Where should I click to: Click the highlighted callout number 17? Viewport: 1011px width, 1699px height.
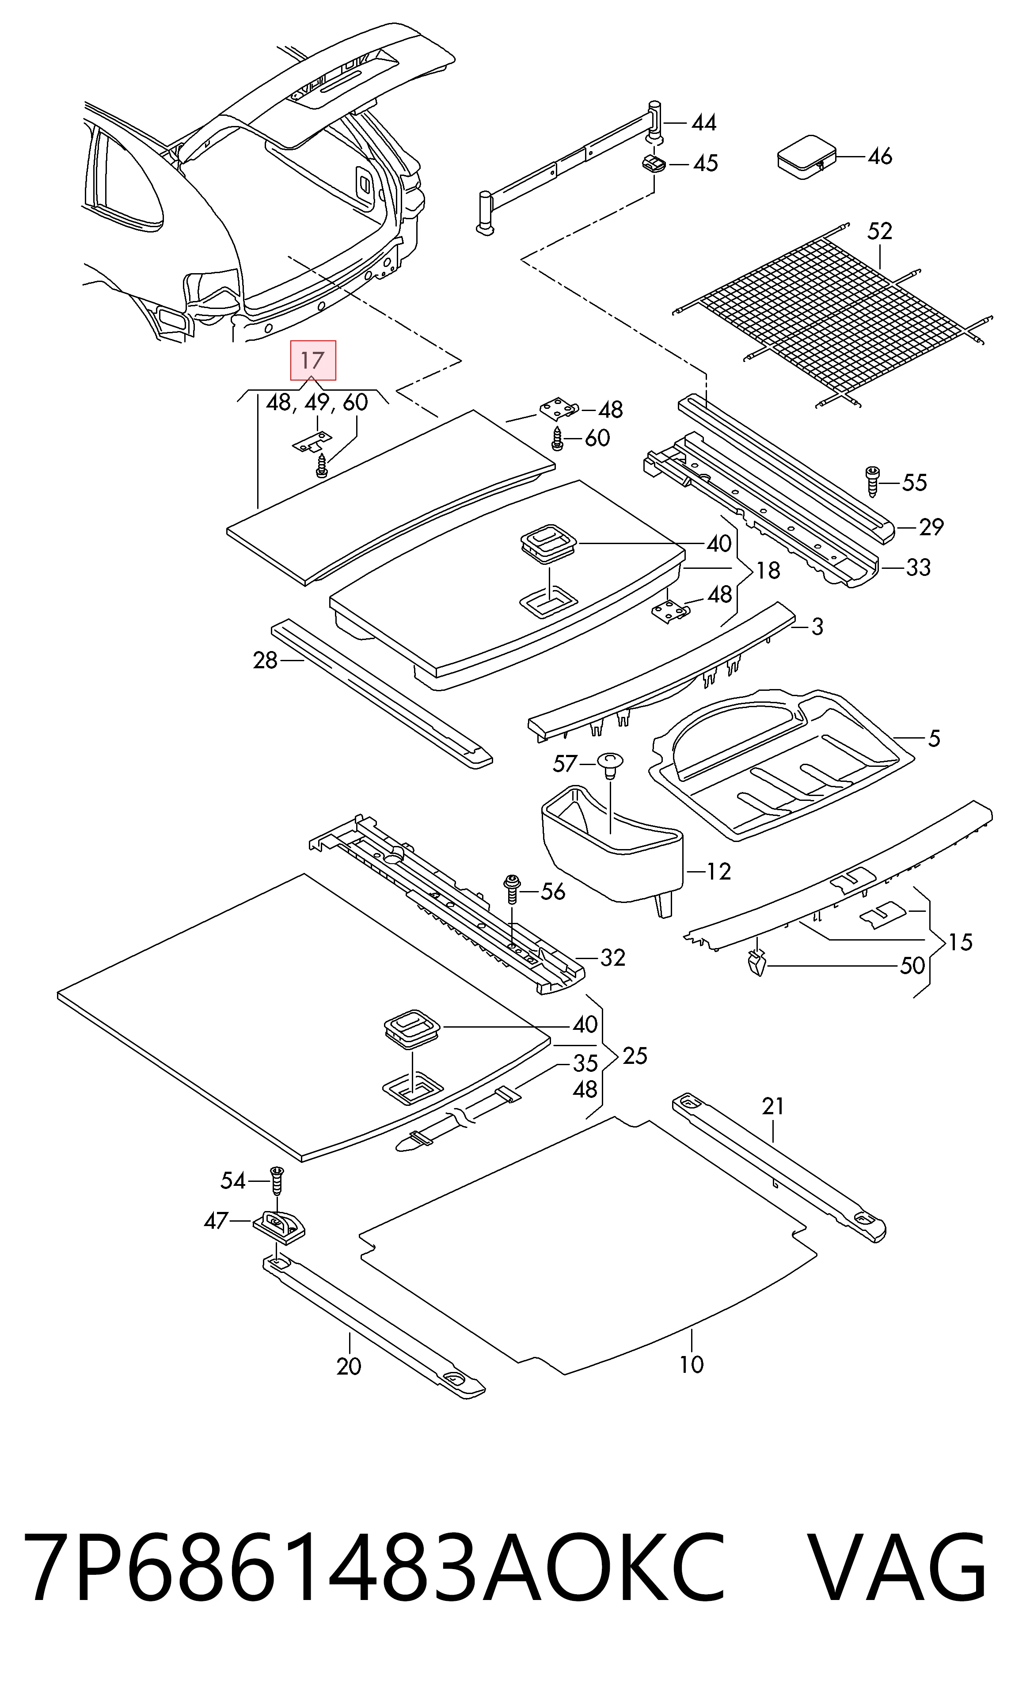tap(313, 360)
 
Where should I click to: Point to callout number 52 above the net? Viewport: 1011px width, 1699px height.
tap(879, 232)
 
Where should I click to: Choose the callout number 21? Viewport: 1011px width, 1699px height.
tap(773, 1106)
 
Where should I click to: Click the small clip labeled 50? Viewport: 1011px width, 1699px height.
tap(756, 963)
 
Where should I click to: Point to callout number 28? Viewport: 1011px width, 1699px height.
tap(265, 660)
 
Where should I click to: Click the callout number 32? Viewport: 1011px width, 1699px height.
tap(612, 958)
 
